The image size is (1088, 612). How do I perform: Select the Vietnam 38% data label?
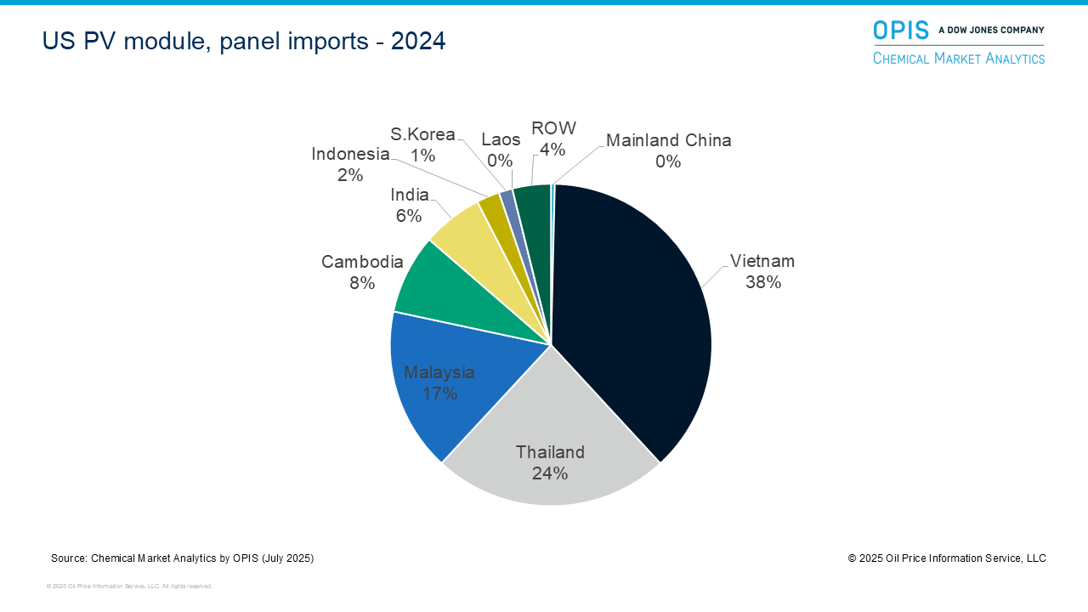point(762,272)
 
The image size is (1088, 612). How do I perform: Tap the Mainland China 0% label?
point(668,150)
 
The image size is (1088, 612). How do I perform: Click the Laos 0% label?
point(501,150)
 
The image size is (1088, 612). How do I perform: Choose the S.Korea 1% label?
point(422,144)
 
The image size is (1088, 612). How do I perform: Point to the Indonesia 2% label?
point(350,164)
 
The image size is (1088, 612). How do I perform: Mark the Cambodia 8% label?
point(362,272)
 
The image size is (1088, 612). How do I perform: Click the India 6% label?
point(409,205)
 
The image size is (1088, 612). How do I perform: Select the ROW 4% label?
point(553,139)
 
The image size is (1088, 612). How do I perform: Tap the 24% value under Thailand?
point(550,473)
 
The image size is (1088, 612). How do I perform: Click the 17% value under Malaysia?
point(439,394)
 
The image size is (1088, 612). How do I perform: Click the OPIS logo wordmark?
point(901,30)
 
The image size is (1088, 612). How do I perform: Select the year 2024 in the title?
point(418,41)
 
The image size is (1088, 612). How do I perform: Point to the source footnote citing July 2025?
point(183,558)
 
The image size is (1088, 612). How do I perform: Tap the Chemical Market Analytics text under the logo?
point(959,58)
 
